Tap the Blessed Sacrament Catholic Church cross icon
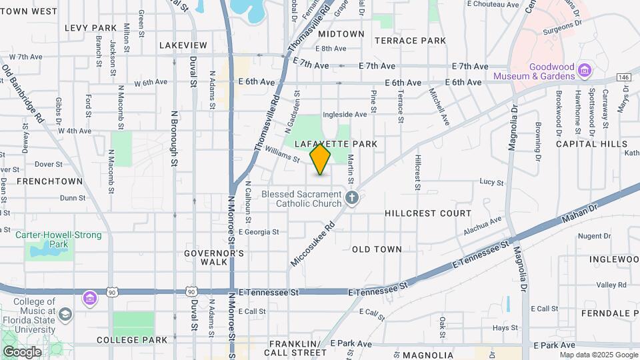pos(353,198)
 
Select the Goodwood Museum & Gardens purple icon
pos(585,69)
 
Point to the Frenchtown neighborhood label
pos(49,181)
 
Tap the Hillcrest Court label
pos(428,213)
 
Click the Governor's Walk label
pos(214,257)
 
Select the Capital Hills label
pos(591,144)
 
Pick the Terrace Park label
pos(410,41)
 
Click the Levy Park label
pos(91,28)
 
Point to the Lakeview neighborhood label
pos(183,45)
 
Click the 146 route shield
pos(623,77)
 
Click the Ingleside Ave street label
pos(345,115)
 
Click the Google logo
pos(22,352)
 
